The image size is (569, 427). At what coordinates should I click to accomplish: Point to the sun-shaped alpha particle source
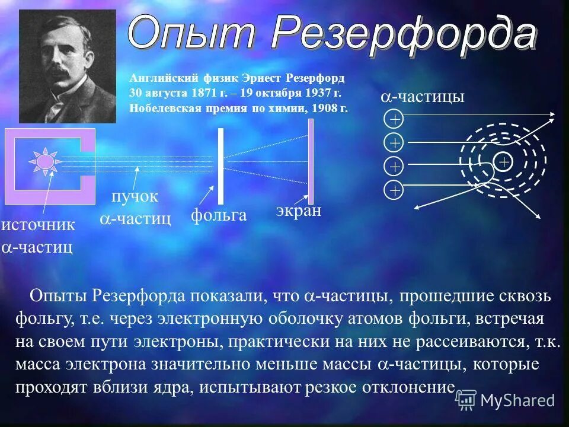point(45,162)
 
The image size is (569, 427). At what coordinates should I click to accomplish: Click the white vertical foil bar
point(220,166)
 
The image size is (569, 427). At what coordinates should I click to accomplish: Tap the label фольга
point(218,215)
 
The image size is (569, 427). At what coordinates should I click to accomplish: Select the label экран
point(298,211)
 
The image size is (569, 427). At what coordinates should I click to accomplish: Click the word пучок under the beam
point(135,197)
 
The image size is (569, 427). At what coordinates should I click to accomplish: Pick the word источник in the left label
point(39,225)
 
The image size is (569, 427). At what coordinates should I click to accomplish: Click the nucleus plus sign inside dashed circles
point(503,161)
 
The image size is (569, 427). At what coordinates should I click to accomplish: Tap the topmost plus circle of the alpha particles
point(394,119)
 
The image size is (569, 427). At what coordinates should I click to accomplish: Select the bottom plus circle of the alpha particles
point(394,190)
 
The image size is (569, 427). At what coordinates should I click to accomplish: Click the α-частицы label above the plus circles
point(421,97)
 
